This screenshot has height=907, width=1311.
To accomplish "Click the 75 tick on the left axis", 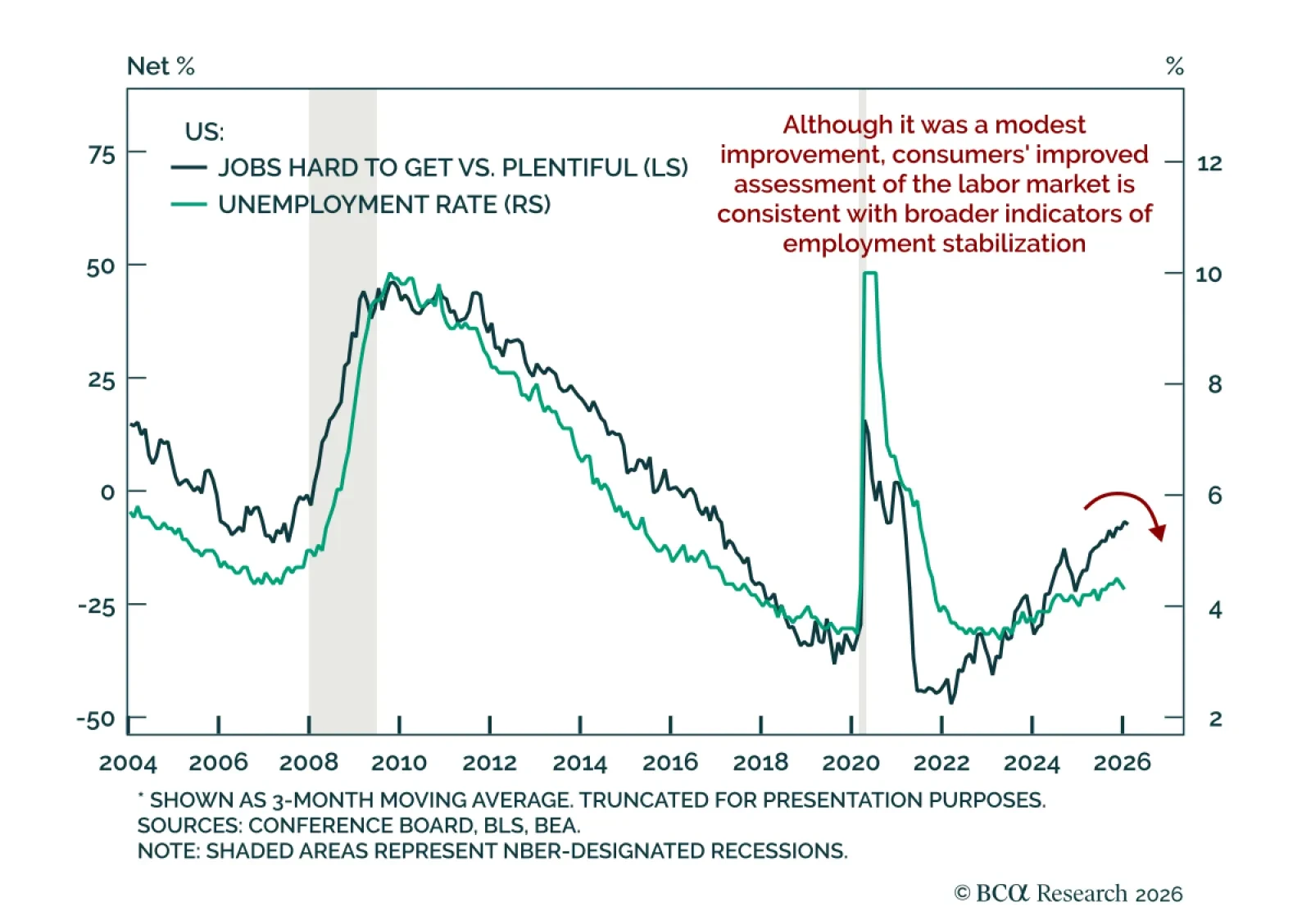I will coord(102,154).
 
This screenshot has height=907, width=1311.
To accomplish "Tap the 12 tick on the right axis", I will coord(1209,163).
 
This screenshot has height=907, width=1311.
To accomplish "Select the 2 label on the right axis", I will coord(1215,719).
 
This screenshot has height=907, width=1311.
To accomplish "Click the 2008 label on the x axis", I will coord(308,763).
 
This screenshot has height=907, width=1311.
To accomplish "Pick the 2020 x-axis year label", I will coord(851,763).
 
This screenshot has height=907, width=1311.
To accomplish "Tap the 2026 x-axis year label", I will coord(1122,763).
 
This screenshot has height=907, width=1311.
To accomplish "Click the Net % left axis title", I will coord(161,66).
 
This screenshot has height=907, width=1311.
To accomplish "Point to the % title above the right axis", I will coord(1174,66).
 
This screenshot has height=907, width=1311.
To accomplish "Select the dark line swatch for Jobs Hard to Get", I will coord(188,168).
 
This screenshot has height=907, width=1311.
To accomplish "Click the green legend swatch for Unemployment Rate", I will coord(188,204).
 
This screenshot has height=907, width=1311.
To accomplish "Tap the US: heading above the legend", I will coord(204,132).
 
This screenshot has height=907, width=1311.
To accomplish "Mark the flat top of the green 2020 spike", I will coord(870,274).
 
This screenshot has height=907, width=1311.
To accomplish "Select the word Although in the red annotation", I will coord(825,125).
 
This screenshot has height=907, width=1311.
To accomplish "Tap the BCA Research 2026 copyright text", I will coord(1068,892).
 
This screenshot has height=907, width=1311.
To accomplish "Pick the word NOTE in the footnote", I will coord(166,850).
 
